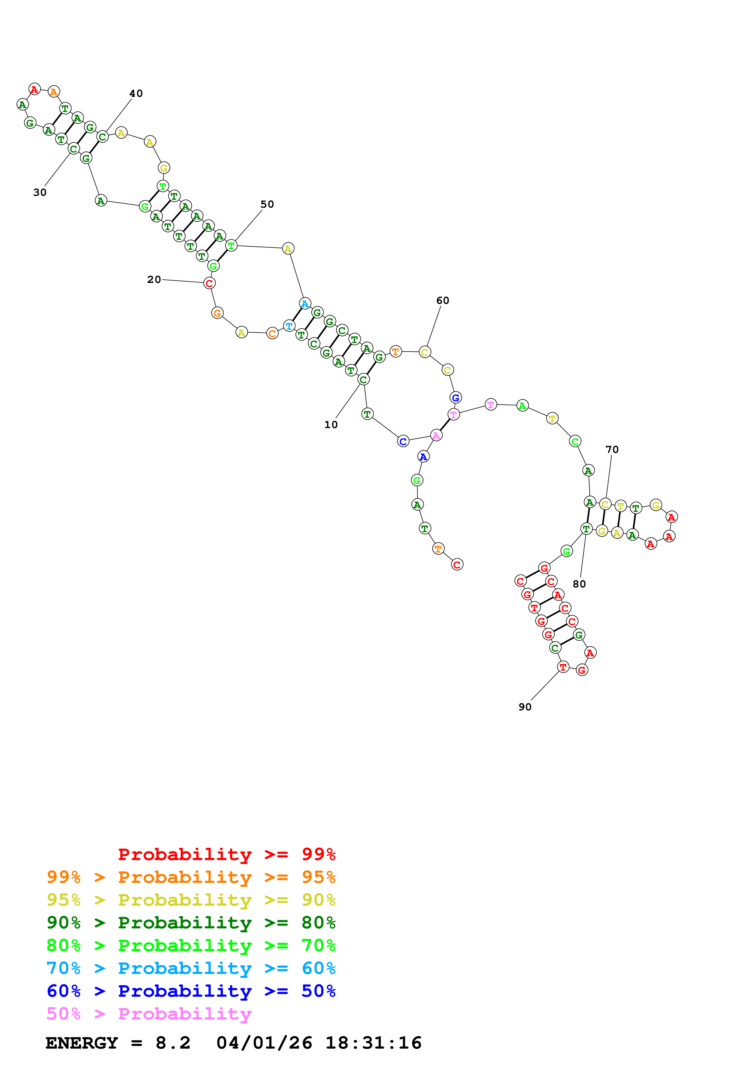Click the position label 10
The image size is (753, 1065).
tap(331, 424)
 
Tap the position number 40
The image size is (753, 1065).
tap(136, 93)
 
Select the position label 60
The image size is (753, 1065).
tap(443, 301)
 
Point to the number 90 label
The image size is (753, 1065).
tap(525, 707)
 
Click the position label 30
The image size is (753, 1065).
tap(40, 192)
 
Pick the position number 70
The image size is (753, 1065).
tap(612, 450)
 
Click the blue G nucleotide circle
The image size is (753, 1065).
tap(456, 397)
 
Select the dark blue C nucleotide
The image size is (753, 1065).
tap(403, 442)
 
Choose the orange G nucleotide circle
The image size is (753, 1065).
tap(217, 313)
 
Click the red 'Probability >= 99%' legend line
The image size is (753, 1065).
tap(226, 854)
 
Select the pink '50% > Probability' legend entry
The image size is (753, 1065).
tap(149, 1014)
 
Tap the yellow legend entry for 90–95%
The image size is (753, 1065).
tap(191, 900)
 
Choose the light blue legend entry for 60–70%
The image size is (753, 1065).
tap(191, 968)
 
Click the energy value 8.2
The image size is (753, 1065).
tap(173, 1043)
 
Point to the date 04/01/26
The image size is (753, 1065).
tap(264, 1043)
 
